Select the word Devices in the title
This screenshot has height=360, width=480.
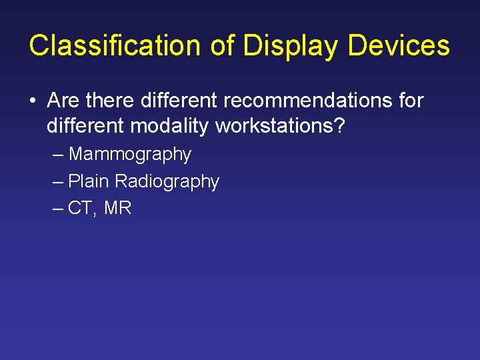point(399,45)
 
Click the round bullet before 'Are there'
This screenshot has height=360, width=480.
point(33,101)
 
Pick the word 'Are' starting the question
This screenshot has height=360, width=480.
point(63,101)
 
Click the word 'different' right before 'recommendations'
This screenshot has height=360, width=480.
point(178,101)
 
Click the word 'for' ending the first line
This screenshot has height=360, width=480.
point(408,101)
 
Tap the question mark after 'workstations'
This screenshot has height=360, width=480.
point(339,125)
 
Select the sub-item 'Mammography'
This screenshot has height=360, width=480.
point(130,155)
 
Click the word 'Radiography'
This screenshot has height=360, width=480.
point(167,182)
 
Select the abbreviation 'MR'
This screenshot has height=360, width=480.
point(118,208)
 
